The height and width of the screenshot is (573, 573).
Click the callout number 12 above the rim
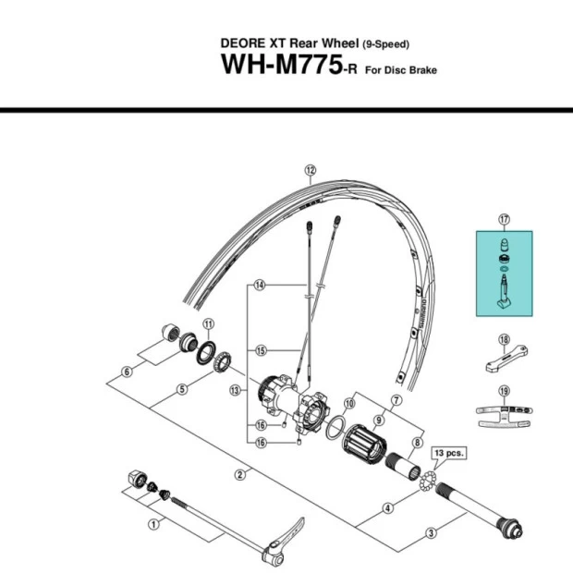tap(311, 170)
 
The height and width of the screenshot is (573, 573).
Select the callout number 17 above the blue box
tap(505, 219)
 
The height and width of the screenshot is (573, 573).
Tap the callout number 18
tap(505, 339)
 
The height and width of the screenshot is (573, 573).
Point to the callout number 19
tap(505, 391)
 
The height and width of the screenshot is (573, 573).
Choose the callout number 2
tap(239, 475)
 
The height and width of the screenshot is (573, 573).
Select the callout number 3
tap(431, 531)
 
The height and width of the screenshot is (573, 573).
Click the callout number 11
tap(208, 323)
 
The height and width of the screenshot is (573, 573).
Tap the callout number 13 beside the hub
tap(235, 390)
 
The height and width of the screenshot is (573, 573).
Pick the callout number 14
tap(261, 286)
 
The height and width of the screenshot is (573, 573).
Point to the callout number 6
tap(128, 372)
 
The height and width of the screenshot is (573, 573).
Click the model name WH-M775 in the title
tap(277, 67)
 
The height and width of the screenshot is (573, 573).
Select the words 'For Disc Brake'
tap(401, 71)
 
